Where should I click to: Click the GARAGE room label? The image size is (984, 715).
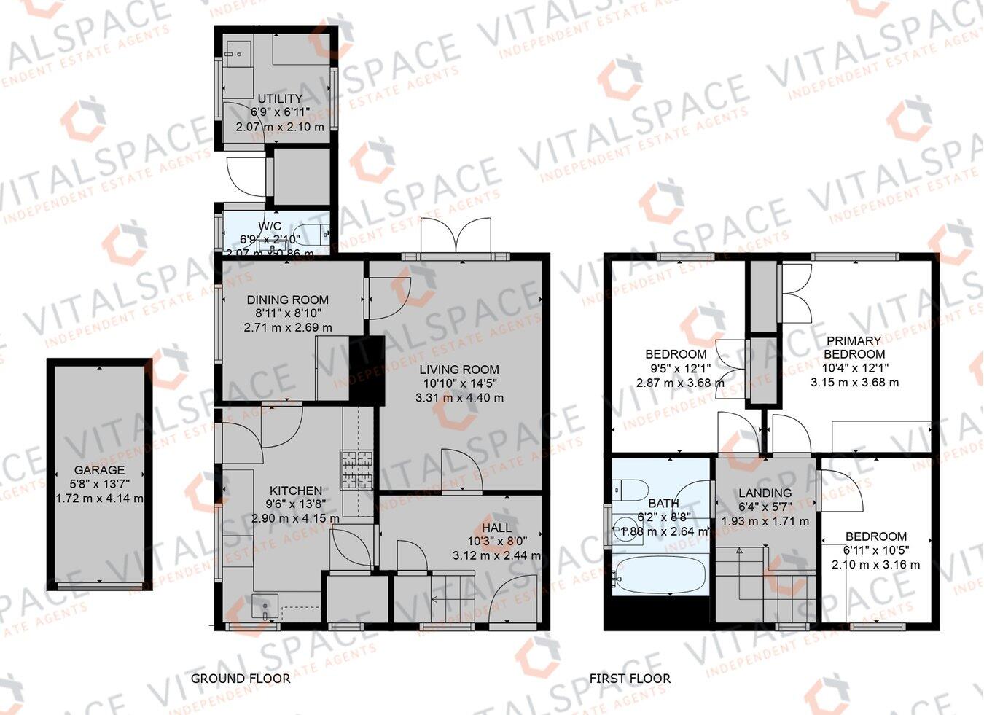click(x=99, y=470)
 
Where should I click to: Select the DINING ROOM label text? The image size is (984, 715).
click(x=287, y=300)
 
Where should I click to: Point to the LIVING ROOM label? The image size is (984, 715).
click(x=459, y=370)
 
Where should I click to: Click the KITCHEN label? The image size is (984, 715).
click(x=295, y=491)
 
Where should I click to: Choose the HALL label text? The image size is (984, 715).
click(x=496, y=528)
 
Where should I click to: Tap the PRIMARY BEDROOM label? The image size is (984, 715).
click(x=854, y=347)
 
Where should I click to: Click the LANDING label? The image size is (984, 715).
click(x=765, y=493)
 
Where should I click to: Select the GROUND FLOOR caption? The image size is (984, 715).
click(x=241, y=679)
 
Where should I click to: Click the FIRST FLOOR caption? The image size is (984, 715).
click(x=630, y=679)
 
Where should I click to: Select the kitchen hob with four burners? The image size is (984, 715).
click(x=356, y=470)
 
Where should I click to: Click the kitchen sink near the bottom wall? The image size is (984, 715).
click(x=264, y=606)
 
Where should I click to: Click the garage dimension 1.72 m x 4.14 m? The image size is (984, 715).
click(x=99, y=499)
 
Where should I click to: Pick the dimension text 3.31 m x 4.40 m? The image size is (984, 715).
click(x=459, y=398)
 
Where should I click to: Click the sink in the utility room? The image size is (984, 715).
click(x=238, y=53)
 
